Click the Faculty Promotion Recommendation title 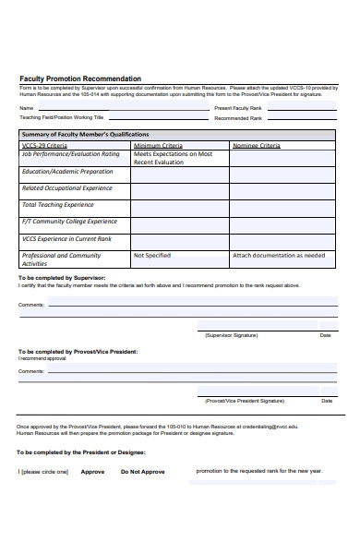click(x=80, y=78)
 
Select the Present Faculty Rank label click(x=239, y=108)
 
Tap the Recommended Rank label click(x=238, y=118)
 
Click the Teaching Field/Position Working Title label click(x=62, y=118)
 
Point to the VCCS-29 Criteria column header click(x=44, y=145)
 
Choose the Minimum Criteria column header click(x=158, y=145)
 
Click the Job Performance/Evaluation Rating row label click(x=71, y=154)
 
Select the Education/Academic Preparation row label click(x=67, y=172)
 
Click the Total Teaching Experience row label click(x=57, y=205)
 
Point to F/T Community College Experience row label click(x=69, y=222)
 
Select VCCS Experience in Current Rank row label click(x=66, y=238)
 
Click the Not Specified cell click(x=152, y=255)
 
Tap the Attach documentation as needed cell click(x=279, y=255)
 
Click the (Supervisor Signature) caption click(x=232, y=335)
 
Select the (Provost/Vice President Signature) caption click(x=245, y=402)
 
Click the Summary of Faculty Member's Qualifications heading click(x=84, y=135)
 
